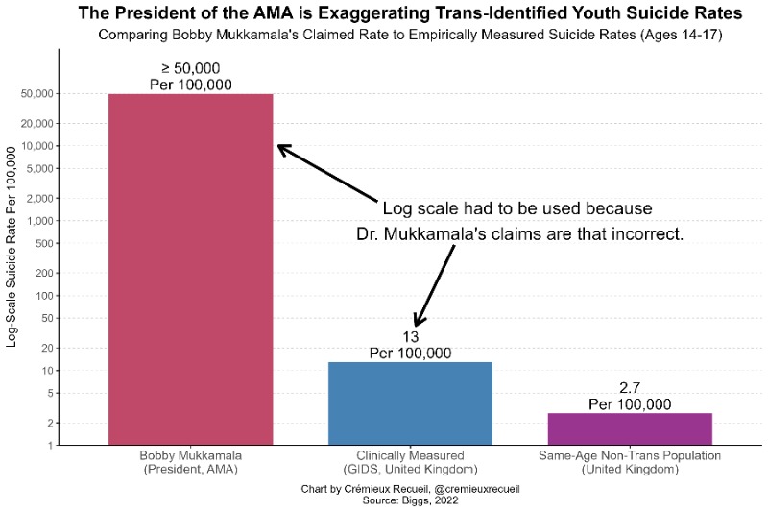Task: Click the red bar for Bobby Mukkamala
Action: [190, 269]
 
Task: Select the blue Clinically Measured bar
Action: [410, 403]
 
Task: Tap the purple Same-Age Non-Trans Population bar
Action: [630, 428]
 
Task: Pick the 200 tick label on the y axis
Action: [42, 274]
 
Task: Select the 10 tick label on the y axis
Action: [45, 371]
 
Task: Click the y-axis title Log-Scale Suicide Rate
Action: [12, 245]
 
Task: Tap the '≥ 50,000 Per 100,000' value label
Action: [190, 76]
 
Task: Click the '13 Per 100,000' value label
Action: [410, 344]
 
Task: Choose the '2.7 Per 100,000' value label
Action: [630, 395]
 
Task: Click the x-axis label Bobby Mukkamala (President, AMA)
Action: [190, 462]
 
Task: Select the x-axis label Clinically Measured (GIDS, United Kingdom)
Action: [410, 462]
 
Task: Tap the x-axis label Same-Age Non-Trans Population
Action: [630, 462]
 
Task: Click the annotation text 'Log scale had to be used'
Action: [518, 209]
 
